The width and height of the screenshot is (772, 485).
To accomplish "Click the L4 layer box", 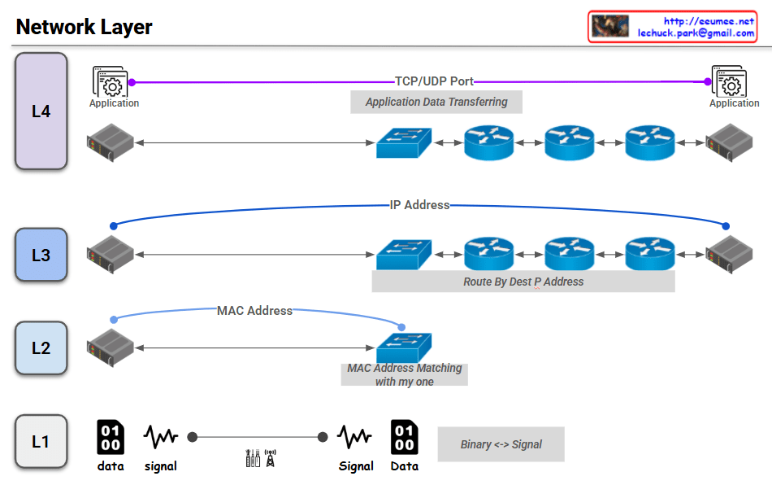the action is point(41,111).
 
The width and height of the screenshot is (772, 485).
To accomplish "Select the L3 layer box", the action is point(41,255).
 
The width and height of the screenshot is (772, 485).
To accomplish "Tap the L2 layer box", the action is point(41,348).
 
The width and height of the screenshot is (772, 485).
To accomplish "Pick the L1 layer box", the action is point(41,441).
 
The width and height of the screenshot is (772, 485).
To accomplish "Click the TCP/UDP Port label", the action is point(434,81).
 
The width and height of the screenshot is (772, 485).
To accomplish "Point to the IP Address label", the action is point(419,205).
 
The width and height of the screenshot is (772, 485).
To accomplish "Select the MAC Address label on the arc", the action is point(254,311).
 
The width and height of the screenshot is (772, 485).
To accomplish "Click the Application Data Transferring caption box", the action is point(436,102).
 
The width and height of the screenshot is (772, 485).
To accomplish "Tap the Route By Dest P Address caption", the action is point(523,282).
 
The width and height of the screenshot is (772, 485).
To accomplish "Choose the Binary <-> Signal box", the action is point(501,444).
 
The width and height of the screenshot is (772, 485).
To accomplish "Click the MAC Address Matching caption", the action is point(404,374).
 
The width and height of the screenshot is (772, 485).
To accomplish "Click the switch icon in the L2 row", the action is point(404,347).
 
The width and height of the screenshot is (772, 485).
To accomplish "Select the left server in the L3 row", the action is point(111,255).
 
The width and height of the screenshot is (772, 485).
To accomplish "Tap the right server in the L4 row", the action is point(729,142).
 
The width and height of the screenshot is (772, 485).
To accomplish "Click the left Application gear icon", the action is point(111,81).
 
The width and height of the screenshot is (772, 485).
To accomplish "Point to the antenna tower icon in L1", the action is point(271,458).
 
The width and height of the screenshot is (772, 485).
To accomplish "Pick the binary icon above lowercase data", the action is point(111,437).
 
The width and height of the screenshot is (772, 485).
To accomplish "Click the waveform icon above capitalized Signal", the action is point(354,437).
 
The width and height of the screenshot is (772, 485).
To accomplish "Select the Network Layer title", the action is point(85,27).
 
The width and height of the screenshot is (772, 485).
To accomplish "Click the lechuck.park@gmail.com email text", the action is point(696,33).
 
